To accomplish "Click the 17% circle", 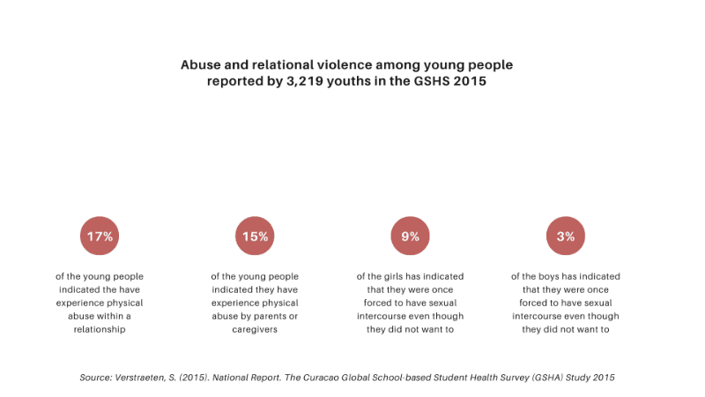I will [100, 236].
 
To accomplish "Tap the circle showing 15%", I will [255, 236].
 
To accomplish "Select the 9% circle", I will [410, 236].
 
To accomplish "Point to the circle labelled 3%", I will [565, 236].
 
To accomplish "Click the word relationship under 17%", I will [100, 330].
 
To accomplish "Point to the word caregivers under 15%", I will [255, 330].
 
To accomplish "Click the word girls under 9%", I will [393, 276].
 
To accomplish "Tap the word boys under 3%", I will [548, 276].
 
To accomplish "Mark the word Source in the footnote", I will [95, 378].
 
